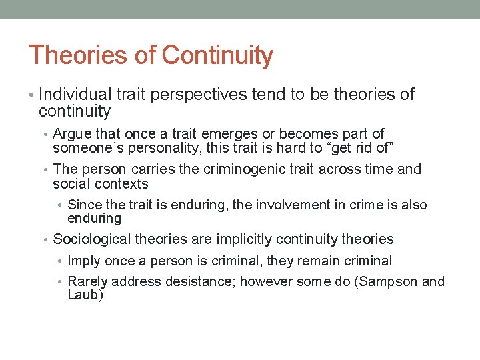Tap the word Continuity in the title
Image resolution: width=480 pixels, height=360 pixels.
(x=217, y=55)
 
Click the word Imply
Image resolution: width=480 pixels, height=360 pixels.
(x=83, y=261)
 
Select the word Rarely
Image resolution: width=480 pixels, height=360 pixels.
(x=87, y=281)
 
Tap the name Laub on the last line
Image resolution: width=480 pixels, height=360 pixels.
(x=84, y=295)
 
